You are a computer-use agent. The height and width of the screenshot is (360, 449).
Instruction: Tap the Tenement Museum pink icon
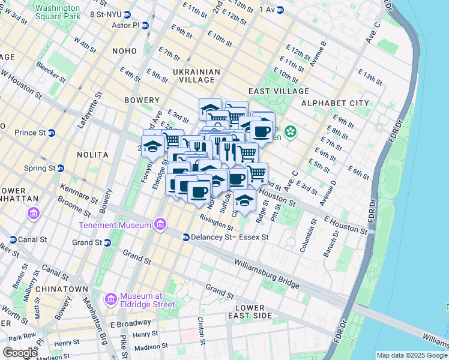tap(160, 225)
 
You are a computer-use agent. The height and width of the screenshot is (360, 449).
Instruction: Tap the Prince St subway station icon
tap(52, 133)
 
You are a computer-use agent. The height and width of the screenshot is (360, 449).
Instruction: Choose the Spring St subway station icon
tap(52, 168)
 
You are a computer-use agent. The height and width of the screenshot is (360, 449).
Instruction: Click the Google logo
tap(20, 353)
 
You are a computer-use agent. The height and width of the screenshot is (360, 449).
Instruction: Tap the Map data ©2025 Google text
tap(411, 355)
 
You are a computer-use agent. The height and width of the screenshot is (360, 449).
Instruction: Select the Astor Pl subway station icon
tap(145, 26)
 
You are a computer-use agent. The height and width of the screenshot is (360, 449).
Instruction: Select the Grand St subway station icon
tap(107, 243)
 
